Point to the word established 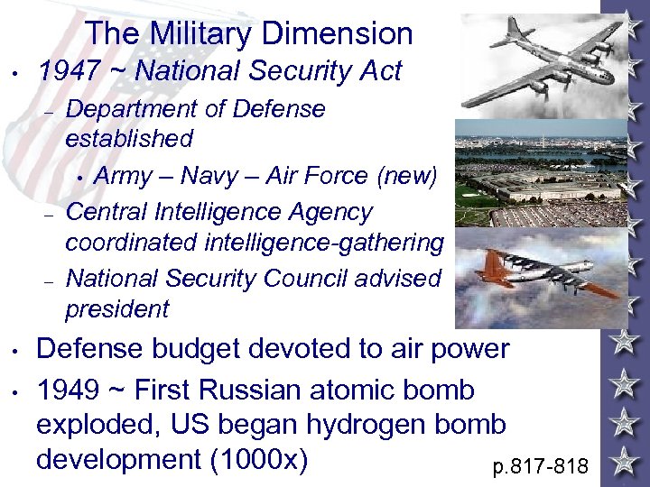point(129,139)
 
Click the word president point(117,309)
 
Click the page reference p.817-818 point(541,466)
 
